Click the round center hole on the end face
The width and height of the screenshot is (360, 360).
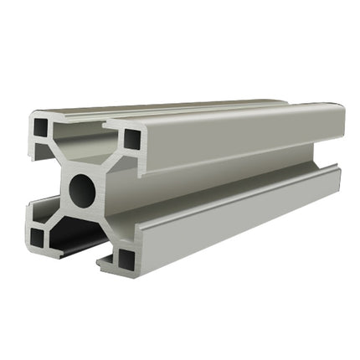[82, 191]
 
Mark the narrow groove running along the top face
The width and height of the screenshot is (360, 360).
[193, 107]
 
